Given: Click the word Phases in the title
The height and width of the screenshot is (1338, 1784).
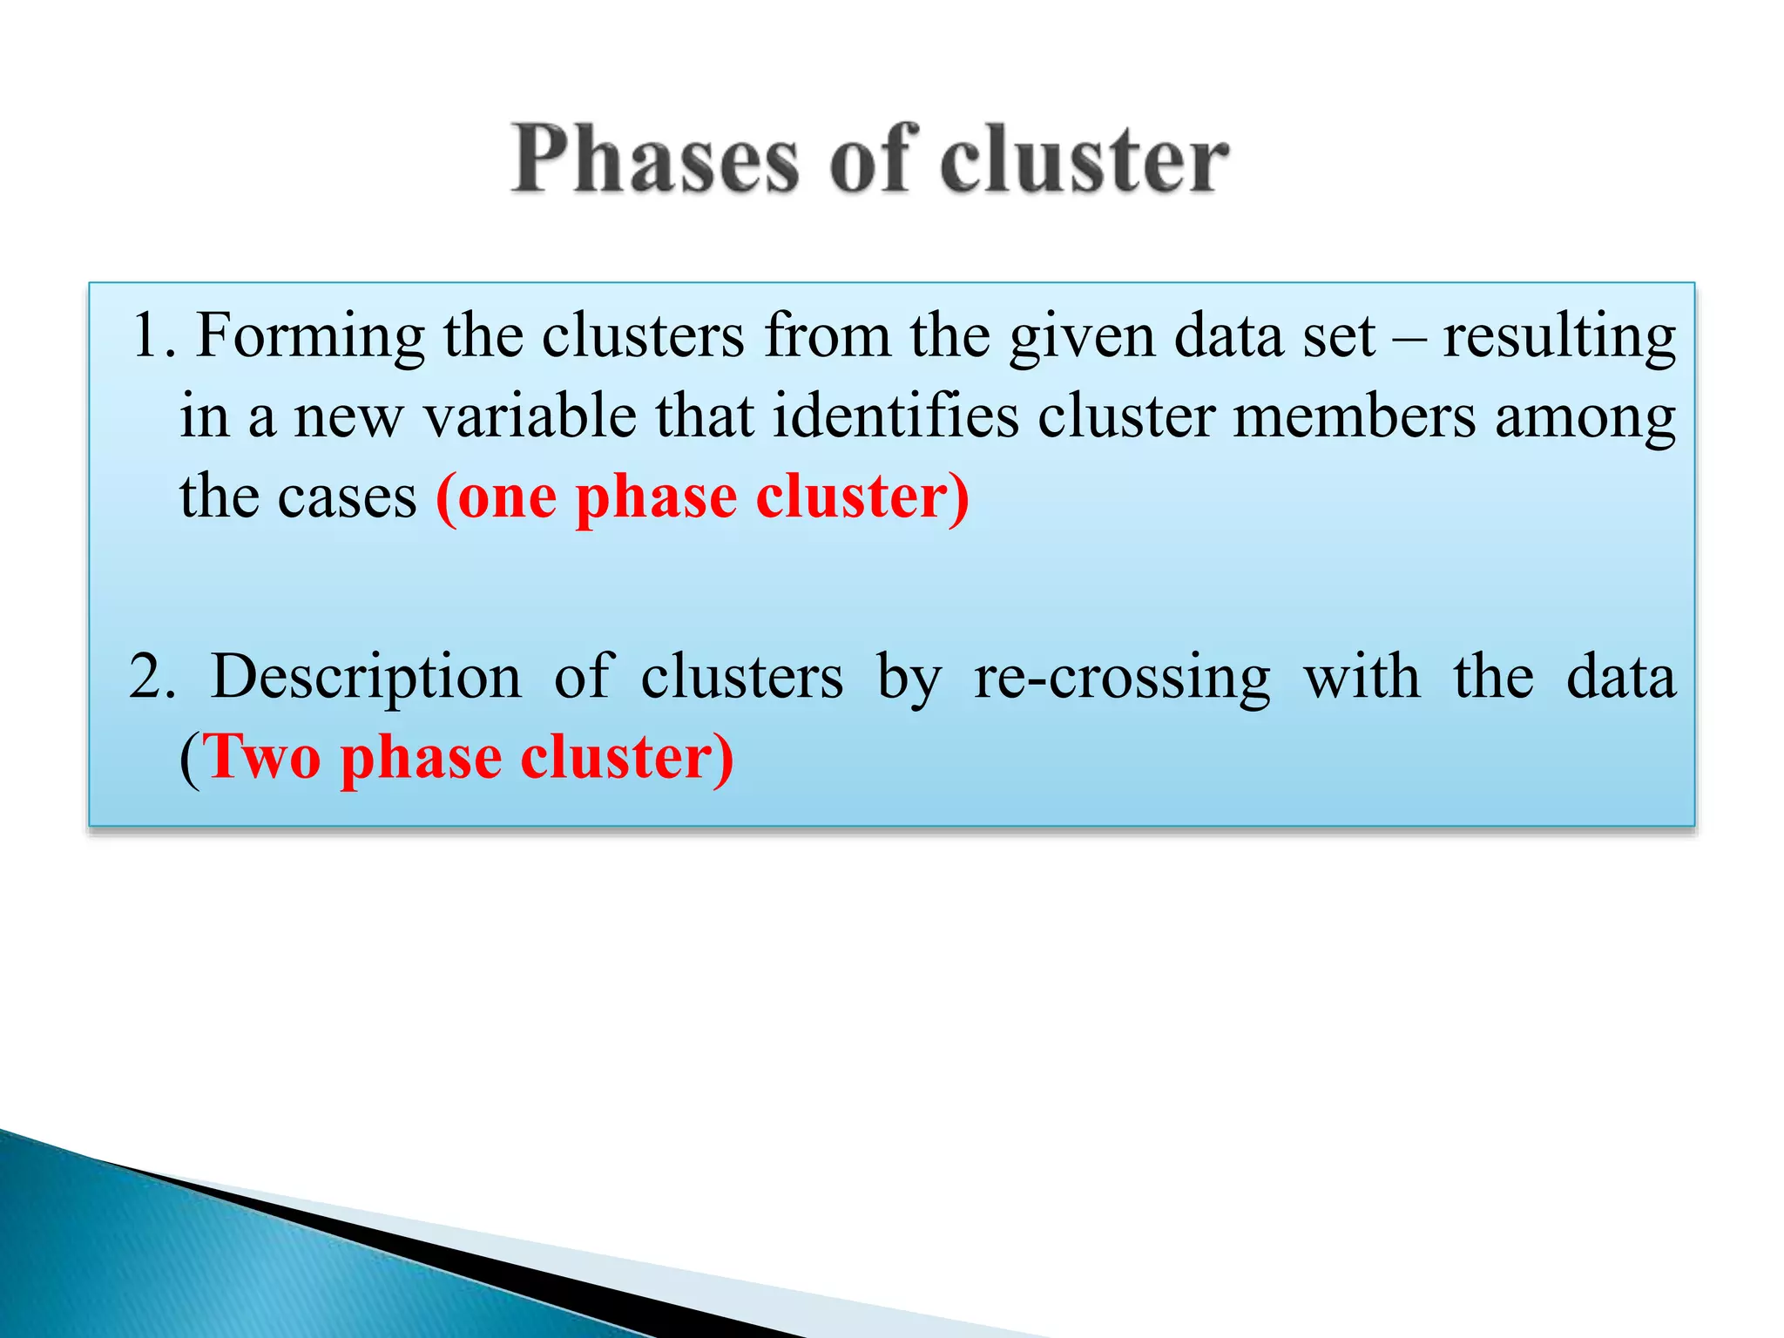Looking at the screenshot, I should [655, 161].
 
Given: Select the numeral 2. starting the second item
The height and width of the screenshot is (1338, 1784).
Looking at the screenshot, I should [152, 677].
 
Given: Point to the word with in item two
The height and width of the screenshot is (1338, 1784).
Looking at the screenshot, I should [1362, 677].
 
